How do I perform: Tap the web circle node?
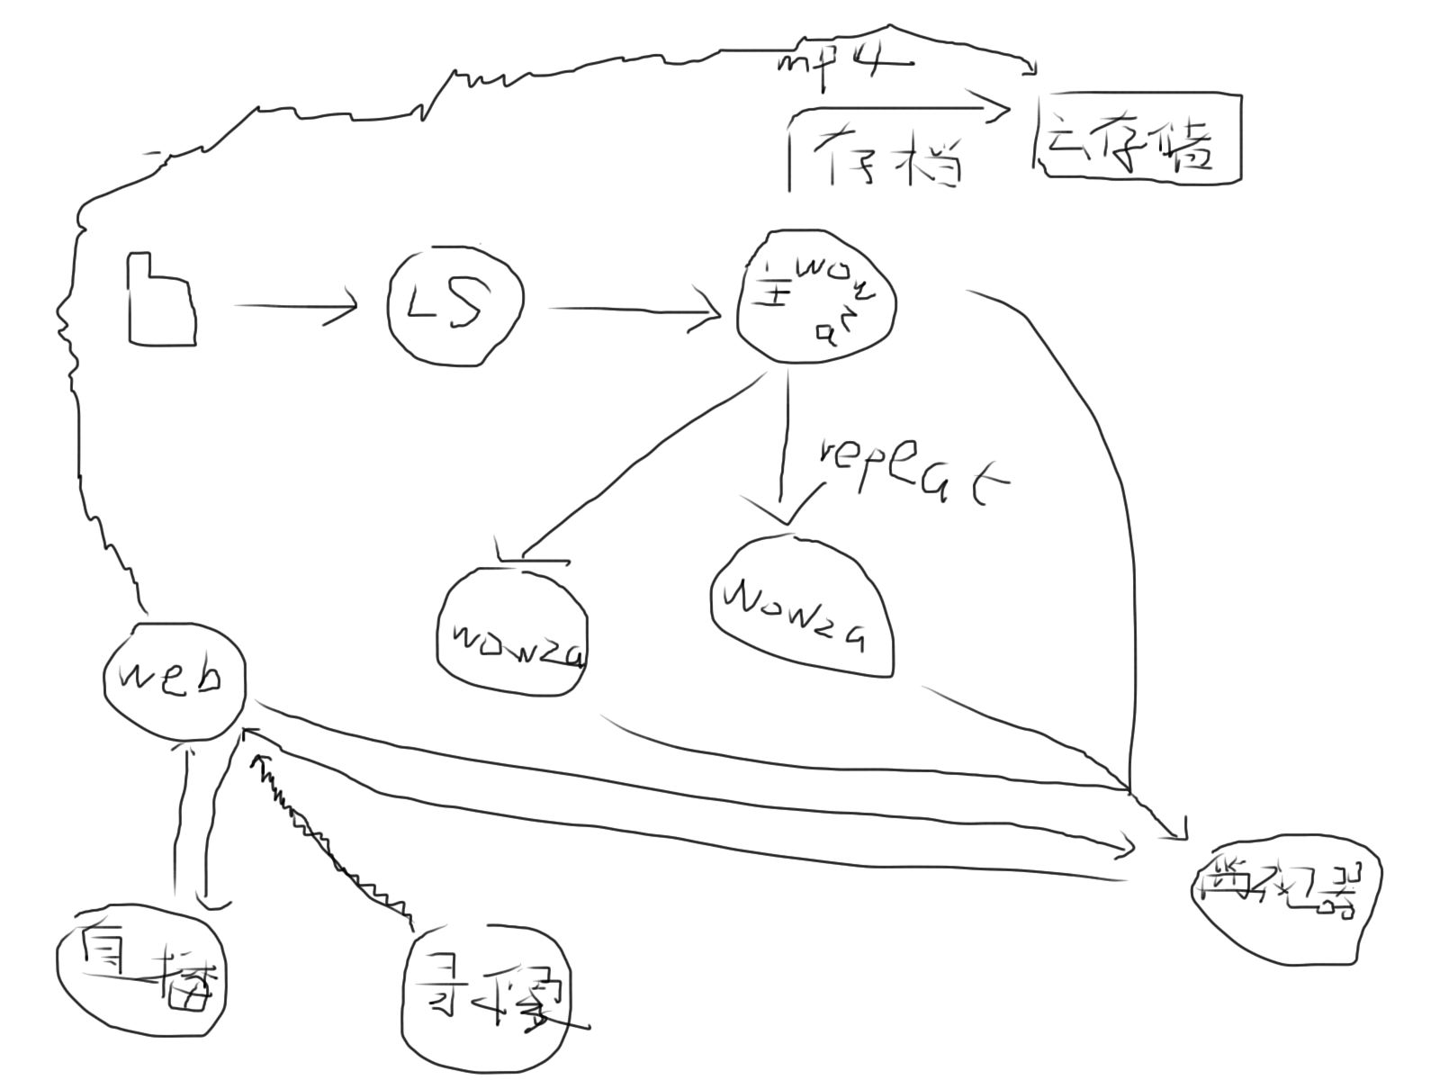[174, 679]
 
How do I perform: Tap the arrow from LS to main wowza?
[634, 310]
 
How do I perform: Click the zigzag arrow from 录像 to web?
[328, 841]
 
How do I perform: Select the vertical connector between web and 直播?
[193, 819]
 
